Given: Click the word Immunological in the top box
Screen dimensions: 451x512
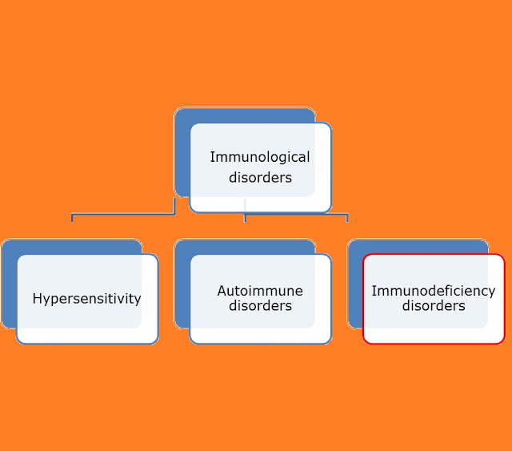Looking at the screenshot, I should [259, 157].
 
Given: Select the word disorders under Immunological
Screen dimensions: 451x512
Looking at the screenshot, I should [260, 177].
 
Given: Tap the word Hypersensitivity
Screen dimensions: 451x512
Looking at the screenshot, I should [86, 299].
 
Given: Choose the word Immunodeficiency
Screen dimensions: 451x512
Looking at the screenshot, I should [433, 291].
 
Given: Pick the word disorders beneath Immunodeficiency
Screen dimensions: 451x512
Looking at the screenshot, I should [433, 306].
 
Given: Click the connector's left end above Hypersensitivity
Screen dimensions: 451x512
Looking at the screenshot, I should [72, 217].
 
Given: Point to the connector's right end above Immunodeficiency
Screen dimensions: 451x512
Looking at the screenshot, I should [346, 217].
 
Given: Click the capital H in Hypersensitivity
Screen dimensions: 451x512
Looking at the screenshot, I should [37, 299].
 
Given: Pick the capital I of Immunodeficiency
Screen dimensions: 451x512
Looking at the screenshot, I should [374, 291].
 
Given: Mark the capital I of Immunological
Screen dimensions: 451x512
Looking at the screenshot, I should [212, 157].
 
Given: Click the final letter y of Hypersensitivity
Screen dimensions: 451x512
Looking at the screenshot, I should [138, 300].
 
